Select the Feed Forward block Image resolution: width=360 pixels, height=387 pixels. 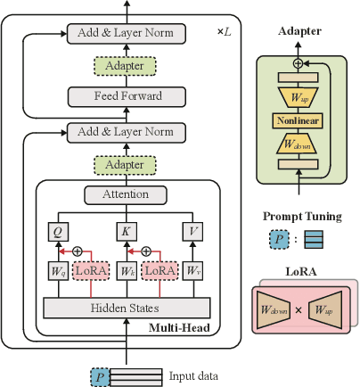[x=126, y=96]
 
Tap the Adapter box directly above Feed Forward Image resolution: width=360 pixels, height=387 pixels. [x=126, y=66]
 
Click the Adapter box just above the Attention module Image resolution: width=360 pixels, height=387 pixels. [x=126, y=164]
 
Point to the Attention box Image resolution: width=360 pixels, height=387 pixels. [x=126, y=194]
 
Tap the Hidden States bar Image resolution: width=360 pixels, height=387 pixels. [x=126, y=307]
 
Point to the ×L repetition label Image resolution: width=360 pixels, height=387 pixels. [x=224, y=31]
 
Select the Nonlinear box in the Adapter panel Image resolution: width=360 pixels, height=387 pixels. [x=298, y=119]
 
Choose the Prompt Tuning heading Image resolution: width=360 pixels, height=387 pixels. [x=300, y=216]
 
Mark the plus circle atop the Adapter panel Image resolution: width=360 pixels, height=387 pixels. [x=299, y=63]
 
